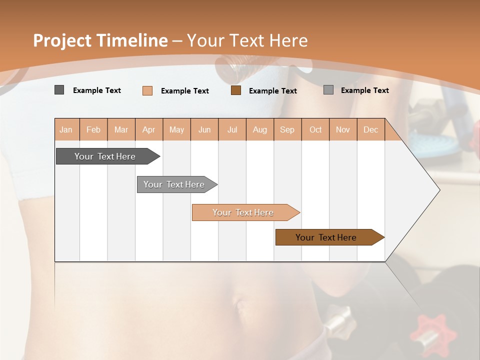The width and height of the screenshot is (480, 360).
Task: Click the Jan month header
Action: click(66, 129)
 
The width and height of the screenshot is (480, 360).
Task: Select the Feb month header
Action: click(93, 129)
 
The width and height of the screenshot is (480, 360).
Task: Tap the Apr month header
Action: click(149, 129)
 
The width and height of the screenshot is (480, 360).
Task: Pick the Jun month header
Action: click(204, 129)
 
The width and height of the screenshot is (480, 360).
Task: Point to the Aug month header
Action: click(260, 129)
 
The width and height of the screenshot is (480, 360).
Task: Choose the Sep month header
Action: click(287, 129)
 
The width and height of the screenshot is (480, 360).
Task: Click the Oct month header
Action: click(315, 129)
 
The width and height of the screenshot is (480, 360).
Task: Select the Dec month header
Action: click(371, 129)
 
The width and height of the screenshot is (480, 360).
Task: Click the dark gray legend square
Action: click(59, 90)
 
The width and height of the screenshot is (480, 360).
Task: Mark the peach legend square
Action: click(147, 90)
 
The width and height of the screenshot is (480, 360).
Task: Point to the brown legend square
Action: click(236, 90)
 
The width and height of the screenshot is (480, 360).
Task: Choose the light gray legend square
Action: click(328, 90)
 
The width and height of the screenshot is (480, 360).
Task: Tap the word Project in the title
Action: click(62, 40)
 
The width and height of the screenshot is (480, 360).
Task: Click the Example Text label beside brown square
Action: click(273, 90)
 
